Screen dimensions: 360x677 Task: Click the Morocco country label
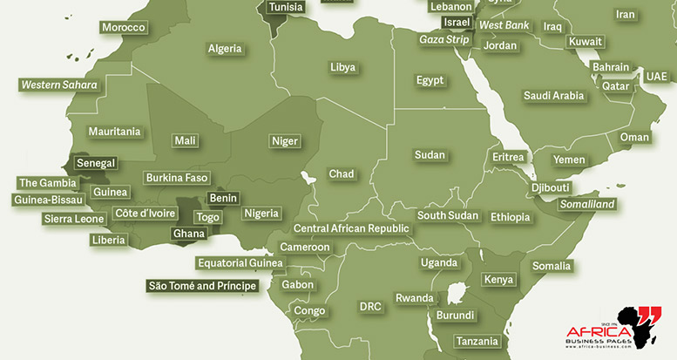(x=123, y=28)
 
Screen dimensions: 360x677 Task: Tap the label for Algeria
(x=224, y=49)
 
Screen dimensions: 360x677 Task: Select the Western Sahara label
(x=58, y=85)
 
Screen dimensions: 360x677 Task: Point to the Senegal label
(x=95, y=163)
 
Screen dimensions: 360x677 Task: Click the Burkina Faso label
(x=177, y=178)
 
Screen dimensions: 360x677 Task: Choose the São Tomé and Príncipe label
(x=203, y=285)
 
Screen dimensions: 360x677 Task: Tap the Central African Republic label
(x=351, y=228)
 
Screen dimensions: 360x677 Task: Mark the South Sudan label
(x=448, y=215)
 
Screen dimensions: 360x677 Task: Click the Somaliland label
(x=587, y=204)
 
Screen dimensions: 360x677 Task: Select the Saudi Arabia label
(x=553, y=95)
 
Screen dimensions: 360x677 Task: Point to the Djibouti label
(x=550, y=187)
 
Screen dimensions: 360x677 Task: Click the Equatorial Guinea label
(x=240, y=262)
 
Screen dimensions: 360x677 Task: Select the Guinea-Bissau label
(x=49, y=200)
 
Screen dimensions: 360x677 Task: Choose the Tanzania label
(x=476, y=341)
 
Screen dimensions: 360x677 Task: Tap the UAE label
(x=656, y=77)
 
